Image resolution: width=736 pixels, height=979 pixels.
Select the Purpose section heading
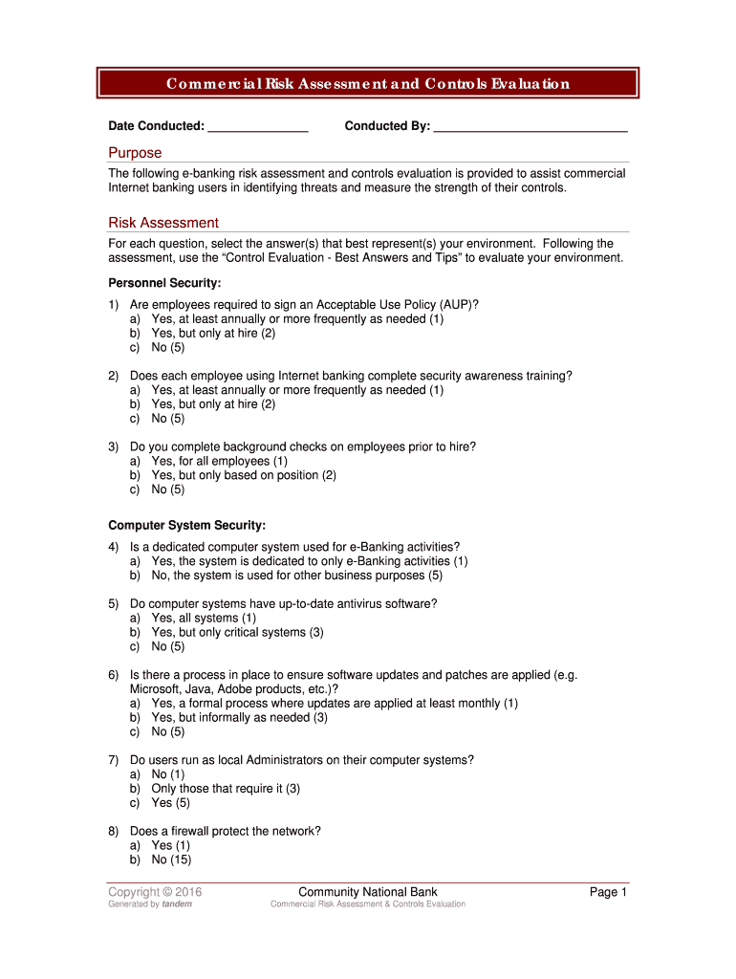135,153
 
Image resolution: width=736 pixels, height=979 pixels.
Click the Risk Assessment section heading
163,223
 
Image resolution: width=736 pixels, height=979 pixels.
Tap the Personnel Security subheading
164,284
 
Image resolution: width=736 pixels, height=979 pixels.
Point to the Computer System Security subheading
186,526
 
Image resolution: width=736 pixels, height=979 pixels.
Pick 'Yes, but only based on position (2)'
243,475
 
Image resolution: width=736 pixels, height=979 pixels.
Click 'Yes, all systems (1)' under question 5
204,618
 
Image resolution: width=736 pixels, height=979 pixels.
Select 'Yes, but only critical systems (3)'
237,632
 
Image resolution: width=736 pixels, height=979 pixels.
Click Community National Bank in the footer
368,892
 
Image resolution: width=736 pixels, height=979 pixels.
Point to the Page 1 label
607,892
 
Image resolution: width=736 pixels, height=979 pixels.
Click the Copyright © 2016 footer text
155,893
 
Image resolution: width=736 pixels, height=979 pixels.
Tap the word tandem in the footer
177,904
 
